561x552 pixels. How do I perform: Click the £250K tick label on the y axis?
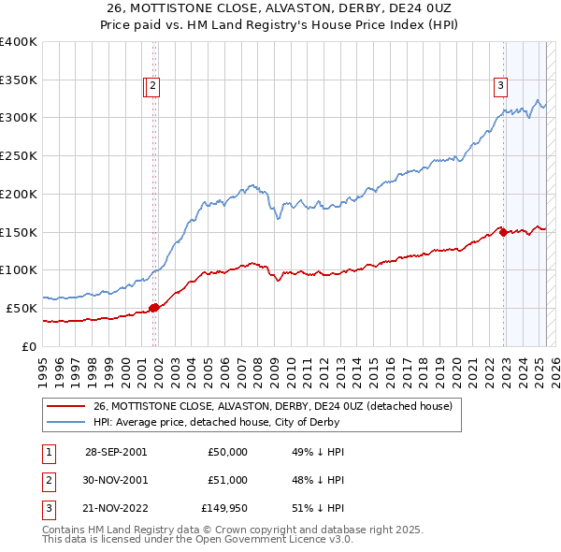pos(20,155)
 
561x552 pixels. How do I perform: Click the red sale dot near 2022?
pos(503,233)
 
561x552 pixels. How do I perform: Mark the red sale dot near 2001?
pos(153,308)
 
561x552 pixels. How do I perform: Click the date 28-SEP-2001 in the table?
pos(116,452)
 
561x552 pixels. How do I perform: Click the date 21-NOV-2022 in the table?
pos(116,510)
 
